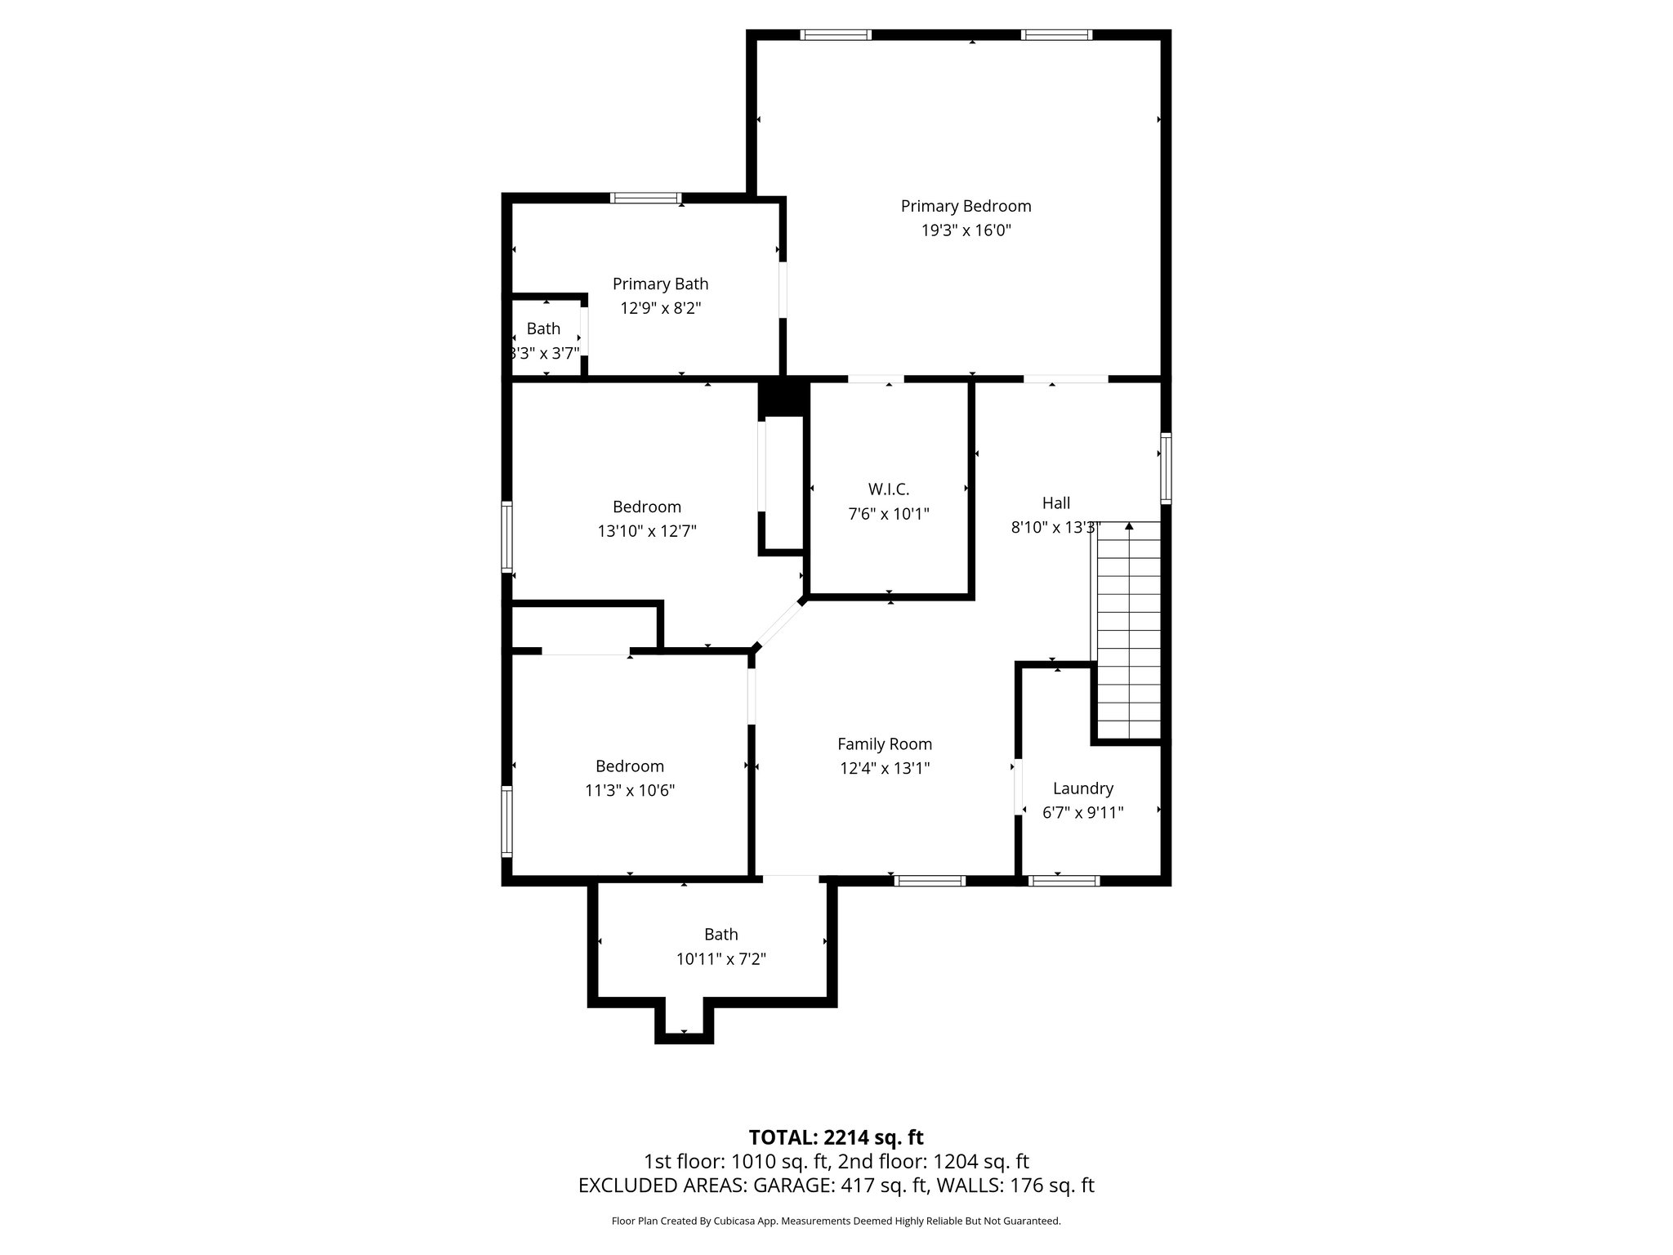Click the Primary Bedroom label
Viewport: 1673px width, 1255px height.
tap(966, 206)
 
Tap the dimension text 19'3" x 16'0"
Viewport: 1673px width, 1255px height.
tap(966, 230)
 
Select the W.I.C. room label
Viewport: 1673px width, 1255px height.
tap(888, 489)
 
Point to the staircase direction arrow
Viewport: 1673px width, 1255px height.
tap(1129, 527)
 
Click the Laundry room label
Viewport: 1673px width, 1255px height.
tap(1082, 788)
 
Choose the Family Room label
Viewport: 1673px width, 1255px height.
tap(884, 744)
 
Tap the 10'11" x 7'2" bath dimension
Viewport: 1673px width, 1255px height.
tap(721, 958)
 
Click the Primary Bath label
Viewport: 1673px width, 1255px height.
tap(660, 284)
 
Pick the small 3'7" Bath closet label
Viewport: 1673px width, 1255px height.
tap(543, 328)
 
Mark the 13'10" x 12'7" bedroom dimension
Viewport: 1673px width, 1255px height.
tap(646, 531)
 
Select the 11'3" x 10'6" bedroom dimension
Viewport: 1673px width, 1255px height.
tap(629, 791)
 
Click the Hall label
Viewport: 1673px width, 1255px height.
tap(1055, 503)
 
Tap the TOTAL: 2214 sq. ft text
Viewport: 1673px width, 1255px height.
tap(836, 1137)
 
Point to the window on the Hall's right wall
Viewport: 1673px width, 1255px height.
tap(1166, 467)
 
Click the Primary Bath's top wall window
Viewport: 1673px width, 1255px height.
tap(646, 198)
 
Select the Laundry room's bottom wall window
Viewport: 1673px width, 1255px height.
tap(1063, 880)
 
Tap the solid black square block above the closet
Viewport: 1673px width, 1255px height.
tap(783, 398)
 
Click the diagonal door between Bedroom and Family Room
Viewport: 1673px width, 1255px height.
tap(778, 624)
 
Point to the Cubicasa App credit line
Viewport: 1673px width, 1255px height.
tap(836, 1221)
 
